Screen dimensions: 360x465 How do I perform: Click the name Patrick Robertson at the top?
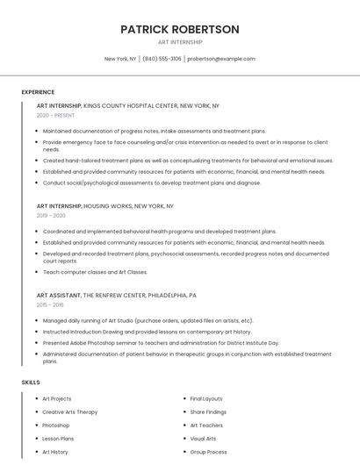(179, 29)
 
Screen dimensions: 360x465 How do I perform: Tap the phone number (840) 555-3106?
(162, 59)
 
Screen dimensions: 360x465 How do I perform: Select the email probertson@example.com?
(220, 59)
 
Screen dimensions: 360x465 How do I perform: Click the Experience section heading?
(38, 92)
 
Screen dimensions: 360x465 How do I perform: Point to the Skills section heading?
(31, 383)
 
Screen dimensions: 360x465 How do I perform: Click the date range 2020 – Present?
(55, 115)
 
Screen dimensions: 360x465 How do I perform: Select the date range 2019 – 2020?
(51, 215)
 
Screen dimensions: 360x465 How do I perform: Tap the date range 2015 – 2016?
(51, 304)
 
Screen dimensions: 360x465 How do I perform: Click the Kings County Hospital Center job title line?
(127, 105)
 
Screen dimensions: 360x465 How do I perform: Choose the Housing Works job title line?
(104, 205)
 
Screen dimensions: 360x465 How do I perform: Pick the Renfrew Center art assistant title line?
(116, 296)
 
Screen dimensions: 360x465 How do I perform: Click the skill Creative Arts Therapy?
(70, 411)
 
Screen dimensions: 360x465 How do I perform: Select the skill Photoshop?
(56, 425)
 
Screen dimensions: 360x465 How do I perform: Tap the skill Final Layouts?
(206, 398)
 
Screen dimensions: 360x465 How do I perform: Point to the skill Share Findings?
(208, 411)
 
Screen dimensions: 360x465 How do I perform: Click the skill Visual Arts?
(203, 438)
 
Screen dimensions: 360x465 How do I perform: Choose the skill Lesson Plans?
(58, 438)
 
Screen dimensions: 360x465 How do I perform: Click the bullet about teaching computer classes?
(95, 272)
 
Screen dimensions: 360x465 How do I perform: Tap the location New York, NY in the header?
(120, 59)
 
